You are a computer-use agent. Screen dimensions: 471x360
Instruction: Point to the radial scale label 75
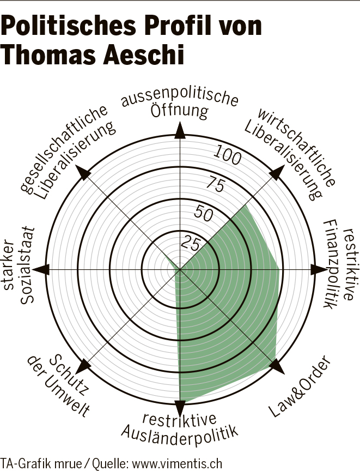pyautogui.click(x=212, y=185)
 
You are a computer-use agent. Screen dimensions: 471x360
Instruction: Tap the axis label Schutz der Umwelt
pyautogui.click(x=58, y=385)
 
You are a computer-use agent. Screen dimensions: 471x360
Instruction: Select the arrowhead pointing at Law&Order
pyautogui.click(x=277, y=366)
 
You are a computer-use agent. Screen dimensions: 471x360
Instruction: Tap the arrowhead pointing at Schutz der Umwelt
pyautogui.click(x=83, y=366)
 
